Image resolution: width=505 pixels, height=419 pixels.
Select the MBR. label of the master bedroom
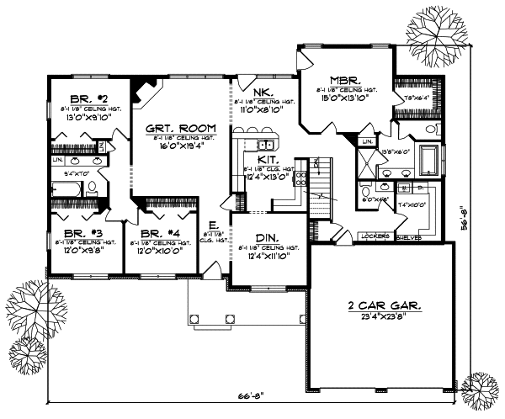click(345, 75)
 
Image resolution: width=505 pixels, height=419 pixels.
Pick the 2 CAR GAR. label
click(381, 305)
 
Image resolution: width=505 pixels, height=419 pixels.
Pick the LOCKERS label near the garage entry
click(375, 236)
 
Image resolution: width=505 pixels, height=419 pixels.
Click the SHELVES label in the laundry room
click(407, 236)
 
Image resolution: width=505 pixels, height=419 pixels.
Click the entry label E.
click(214, 225)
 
